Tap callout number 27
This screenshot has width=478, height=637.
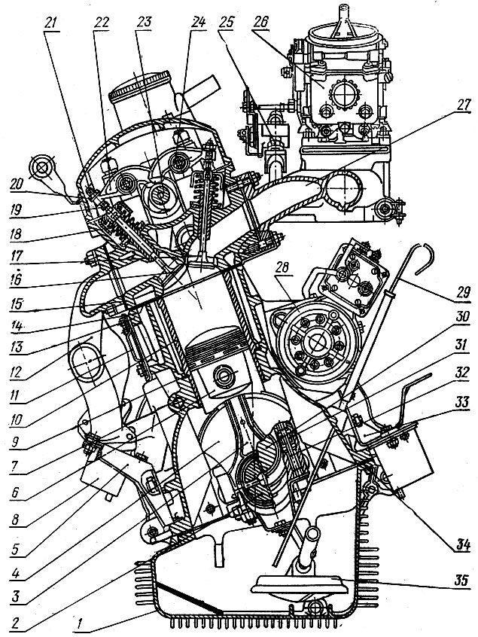pos(461,105)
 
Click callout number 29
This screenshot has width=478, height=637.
pos(461,292)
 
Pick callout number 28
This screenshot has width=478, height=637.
pos(282,268)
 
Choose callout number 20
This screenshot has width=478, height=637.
pos(18,184)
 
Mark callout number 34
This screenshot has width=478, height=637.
pos(461,545)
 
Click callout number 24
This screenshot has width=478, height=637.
pos(197,23)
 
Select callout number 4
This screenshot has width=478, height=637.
pos(16,574)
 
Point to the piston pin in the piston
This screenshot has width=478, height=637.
pos(224,376)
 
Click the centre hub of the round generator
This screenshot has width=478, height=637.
pos(315,340)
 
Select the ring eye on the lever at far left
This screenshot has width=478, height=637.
pos(43,167)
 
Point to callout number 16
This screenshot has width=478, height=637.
pos(17,280)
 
